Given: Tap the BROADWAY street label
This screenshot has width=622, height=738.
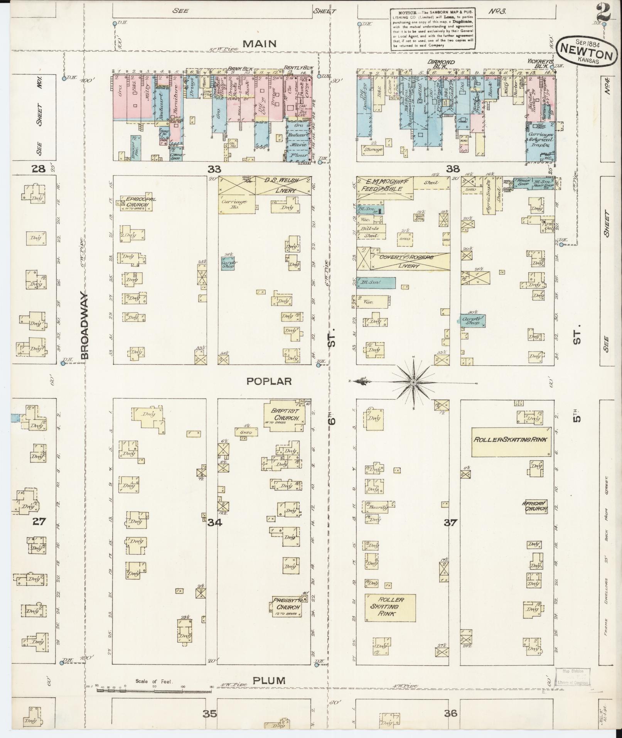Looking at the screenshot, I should click(x=85, y=326).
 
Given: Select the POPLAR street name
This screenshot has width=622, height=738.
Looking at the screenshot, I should click(x=269, y=381).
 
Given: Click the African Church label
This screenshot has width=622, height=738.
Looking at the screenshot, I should click(x=534, y=506).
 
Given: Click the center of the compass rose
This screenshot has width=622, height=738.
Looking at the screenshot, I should click(x=413, y=382).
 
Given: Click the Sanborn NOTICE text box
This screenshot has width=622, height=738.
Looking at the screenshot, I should click(x=432, y=29).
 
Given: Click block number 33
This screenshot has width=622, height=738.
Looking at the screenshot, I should click(x=214, y=169).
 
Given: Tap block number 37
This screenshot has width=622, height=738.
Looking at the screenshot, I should click(x=450, y=523).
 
